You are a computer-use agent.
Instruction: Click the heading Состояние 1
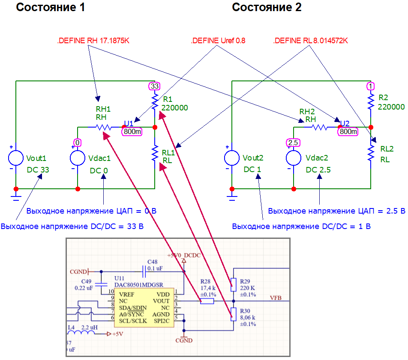tap(51, 7)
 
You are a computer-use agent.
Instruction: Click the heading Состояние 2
tap(267, 7)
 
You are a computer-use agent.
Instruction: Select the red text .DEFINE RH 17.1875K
tap(93, 41)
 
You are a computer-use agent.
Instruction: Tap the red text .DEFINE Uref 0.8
tap(218, 41)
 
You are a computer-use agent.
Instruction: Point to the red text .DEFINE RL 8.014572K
tap(310, 41)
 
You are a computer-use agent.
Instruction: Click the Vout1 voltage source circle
tap(16, 158)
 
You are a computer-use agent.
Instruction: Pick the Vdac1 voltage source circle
tap(78, 158)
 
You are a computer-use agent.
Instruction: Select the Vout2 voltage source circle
tap(232, 158)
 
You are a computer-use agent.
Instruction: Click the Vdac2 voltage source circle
tap(294, 158)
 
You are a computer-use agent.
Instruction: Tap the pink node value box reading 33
tap(154, 86)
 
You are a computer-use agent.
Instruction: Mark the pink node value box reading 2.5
tap(293, 143)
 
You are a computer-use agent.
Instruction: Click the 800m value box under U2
tap(348, 131)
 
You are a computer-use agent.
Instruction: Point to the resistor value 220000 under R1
tap(174, 108)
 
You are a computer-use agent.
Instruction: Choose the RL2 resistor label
tap(387, 149)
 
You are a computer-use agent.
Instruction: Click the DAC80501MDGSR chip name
tap(139, 285)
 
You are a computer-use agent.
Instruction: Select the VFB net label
tap(276, 298)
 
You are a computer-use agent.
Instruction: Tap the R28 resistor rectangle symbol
tap(207, 301)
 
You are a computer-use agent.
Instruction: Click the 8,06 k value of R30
tap(248, 317)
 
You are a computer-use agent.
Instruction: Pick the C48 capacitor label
tap(153, 262)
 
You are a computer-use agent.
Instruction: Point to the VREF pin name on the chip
tap(127, 295)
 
